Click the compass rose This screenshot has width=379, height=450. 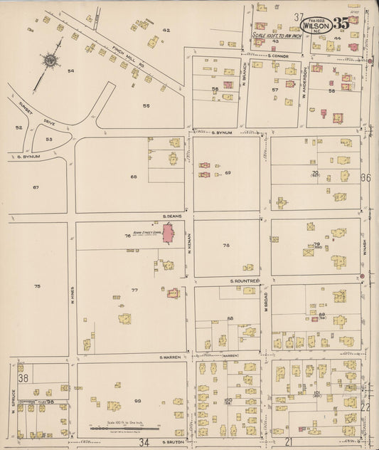tap(50, 61)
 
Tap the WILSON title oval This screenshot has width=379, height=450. tap(317, 24)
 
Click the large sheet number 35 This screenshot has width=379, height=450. tap(341, 23)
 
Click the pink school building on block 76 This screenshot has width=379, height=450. tap(169, 233)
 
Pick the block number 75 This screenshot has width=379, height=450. tap(37, 286)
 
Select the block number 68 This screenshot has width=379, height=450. tap(133, 176)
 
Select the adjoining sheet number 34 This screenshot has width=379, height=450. tap(144, 443)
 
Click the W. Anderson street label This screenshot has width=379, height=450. tap(303, 82)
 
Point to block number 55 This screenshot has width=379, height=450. tap(146, 105)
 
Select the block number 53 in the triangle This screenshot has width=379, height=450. tap(48, 140)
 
